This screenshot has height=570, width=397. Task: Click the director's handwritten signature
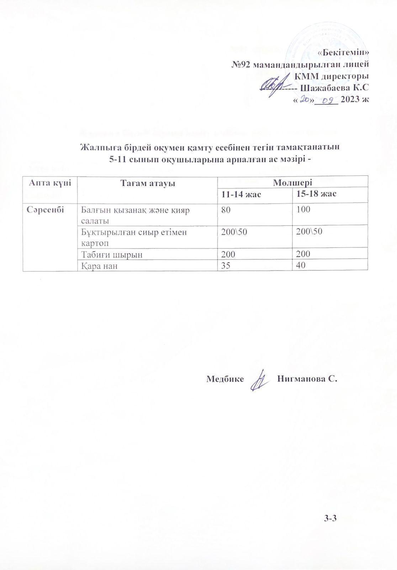(x=275, y=85)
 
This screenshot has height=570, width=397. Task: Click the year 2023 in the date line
(x=351, y=99)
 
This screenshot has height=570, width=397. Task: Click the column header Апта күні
(x=50, y=183)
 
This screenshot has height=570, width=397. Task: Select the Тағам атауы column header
(x=147, y=183)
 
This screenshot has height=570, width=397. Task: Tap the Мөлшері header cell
(x=292, y=183)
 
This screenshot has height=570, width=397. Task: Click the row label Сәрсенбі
(x=45, y=209)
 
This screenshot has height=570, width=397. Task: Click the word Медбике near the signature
(x=225, y=379)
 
